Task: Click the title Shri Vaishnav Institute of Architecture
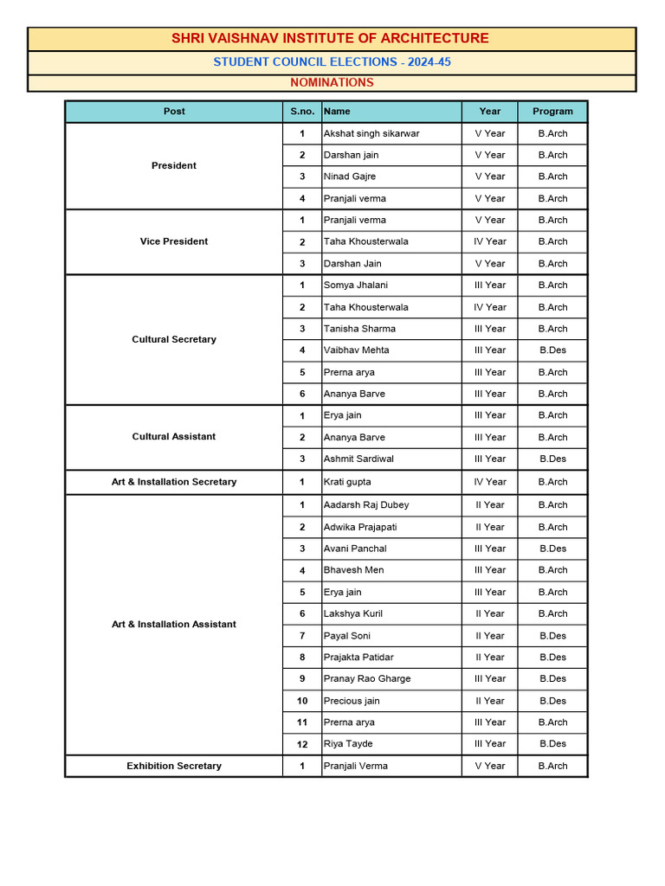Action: point(330,38)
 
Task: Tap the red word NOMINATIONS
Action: point(332,83)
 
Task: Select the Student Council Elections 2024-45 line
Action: point(332,62)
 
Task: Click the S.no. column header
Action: point(301,112)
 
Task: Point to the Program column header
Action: point(552,112)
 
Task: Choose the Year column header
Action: point(489,112)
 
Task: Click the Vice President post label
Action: point(174,241)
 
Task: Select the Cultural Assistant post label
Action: point(174,437)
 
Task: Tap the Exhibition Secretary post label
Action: point(174,766)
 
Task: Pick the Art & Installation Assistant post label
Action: point(174,624)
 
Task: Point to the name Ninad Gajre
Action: point(350,177)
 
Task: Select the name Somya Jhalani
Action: point(355,286)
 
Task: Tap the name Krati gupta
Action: point(347,482)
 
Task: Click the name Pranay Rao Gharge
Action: point(367,679)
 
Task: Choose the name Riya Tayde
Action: point(348,744)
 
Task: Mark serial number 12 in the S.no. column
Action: point(302,744)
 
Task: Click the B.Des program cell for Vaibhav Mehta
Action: point(552,350)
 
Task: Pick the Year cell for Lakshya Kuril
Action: point(489,613)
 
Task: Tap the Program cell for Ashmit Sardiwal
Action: point(552,459)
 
